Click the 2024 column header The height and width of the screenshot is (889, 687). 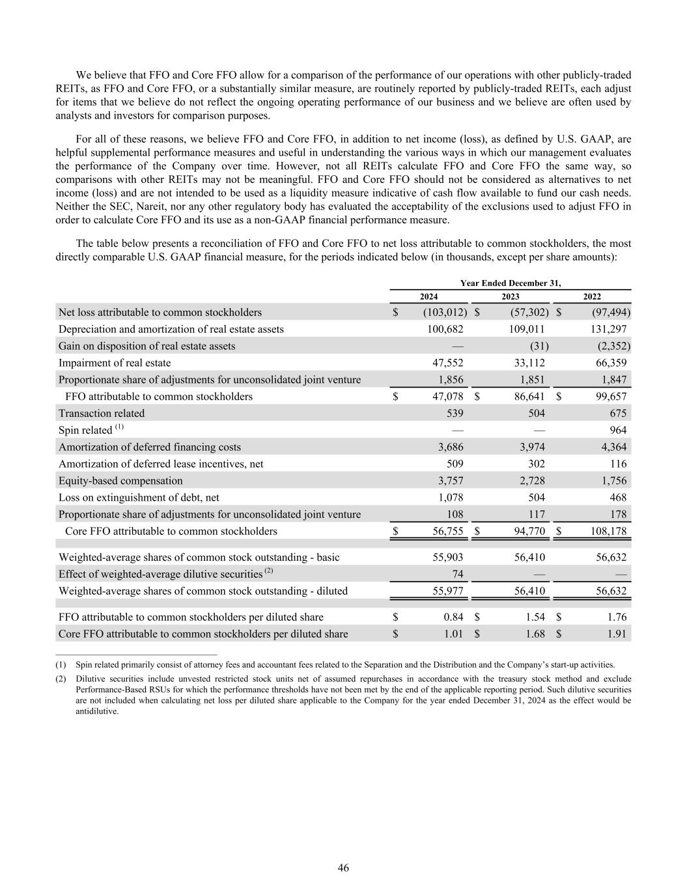(x=428, y=296)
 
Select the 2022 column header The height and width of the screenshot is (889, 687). (x=591, y=296)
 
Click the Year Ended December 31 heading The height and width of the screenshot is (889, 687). (x=510, y=283)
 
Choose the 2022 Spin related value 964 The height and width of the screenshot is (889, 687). (x=618, y=430)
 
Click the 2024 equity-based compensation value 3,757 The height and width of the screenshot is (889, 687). (x=449, y=481)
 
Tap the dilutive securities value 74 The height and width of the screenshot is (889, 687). (x=457, y=574)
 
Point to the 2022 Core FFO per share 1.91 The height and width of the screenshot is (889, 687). (x=616, y=634)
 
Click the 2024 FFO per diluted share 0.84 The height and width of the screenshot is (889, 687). (x=453, y=617)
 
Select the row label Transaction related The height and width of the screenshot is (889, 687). (x=102, y=414)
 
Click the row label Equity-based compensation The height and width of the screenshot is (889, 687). (x=120, y=481)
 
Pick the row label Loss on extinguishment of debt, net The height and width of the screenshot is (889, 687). (x=139, y=498)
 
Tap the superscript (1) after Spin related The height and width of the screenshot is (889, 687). (x=119, y=427)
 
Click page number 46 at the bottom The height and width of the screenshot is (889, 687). (x=343, y=868)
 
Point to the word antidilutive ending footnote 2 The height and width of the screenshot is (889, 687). (x=97, y=711)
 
